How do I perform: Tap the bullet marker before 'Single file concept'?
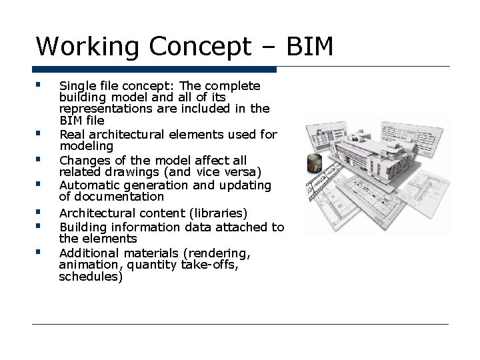41,85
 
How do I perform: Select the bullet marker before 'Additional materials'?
41,252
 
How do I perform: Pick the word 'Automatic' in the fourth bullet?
85,185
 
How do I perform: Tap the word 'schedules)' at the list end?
91,278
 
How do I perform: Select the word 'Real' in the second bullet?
71,135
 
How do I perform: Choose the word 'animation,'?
87,266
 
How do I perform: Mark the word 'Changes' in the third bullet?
82,161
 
